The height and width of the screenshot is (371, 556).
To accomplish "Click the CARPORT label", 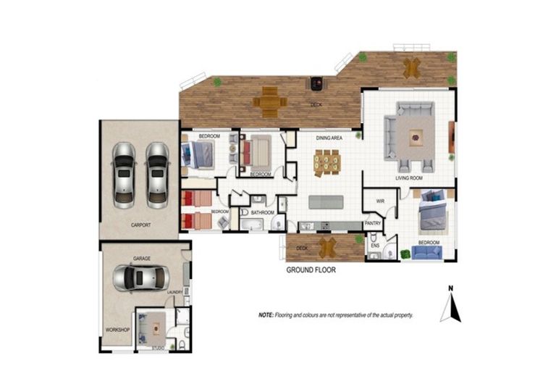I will (141, 225).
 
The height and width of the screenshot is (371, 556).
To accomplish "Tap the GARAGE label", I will (141, 258).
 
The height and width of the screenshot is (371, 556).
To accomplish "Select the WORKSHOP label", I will (117, 330).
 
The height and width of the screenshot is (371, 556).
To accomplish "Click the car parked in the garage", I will (141, 278).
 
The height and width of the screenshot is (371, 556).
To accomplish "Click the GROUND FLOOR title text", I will (311, 270).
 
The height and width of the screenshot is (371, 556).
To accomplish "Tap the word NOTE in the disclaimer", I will (266, 316).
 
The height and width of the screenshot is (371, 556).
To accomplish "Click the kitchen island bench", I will (327, 201).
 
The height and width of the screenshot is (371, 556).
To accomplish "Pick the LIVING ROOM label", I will (408, 178).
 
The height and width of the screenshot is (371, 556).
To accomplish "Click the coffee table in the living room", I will (415, 135).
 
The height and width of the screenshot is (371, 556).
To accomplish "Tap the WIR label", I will (379, 201).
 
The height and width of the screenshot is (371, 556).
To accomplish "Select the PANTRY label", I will (373, 224).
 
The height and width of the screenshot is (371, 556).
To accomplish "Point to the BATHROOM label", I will (261, 212).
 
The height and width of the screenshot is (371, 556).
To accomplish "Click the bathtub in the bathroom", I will (255, 225).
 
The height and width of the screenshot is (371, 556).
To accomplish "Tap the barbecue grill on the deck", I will (316, 83).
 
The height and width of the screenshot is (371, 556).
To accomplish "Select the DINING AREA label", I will (329, 137).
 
